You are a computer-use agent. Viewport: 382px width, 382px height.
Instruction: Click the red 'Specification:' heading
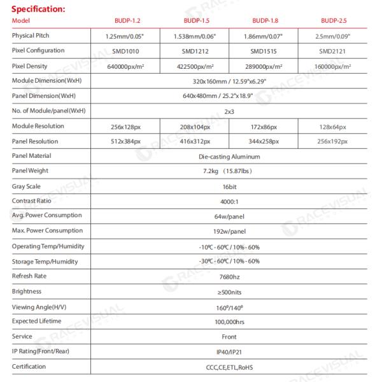(38, 9)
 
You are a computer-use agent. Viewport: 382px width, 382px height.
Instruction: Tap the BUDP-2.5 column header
(334, 21)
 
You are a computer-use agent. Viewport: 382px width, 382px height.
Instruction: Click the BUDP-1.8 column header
(265, 21)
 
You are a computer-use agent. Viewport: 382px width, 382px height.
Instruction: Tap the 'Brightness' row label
(27, 291)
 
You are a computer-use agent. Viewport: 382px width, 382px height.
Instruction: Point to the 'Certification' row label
(29, 366)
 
